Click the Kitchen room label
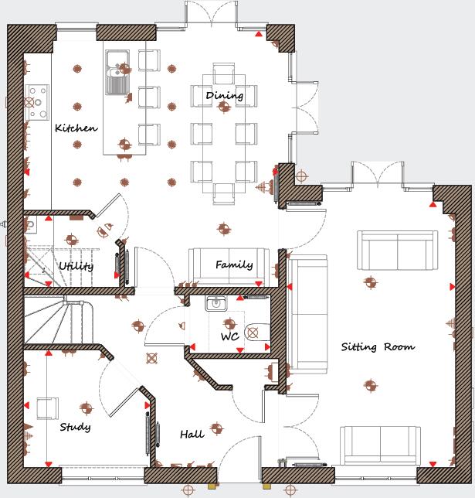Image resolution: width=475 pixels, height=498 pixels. point(76,128)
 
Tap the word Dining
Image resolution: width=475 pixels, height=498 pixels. point(224,96)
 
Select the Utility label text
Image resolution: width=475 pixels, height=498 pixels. point(76,267)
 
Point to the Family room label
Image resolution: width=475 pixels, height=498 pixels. point(233,265)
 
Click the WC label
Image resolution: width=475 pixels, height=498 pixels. point(229,337)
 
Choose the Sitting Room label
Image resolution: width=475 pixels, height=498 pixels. point(378,347)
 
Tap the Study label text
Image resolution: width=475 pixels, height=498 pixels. point(75,427)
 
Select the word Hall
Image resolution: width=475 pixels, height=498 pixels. point(192,435)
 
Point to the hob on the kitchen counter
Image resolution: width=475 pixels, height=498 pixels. point(36,101)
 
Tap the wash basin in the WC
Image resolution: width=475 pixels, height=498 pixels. point(215,305)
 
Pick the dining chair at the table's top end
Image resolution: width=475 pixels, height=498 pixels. point(223,73)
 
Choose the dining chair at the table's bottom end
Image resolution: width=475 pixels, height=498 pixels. point(223,193)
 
